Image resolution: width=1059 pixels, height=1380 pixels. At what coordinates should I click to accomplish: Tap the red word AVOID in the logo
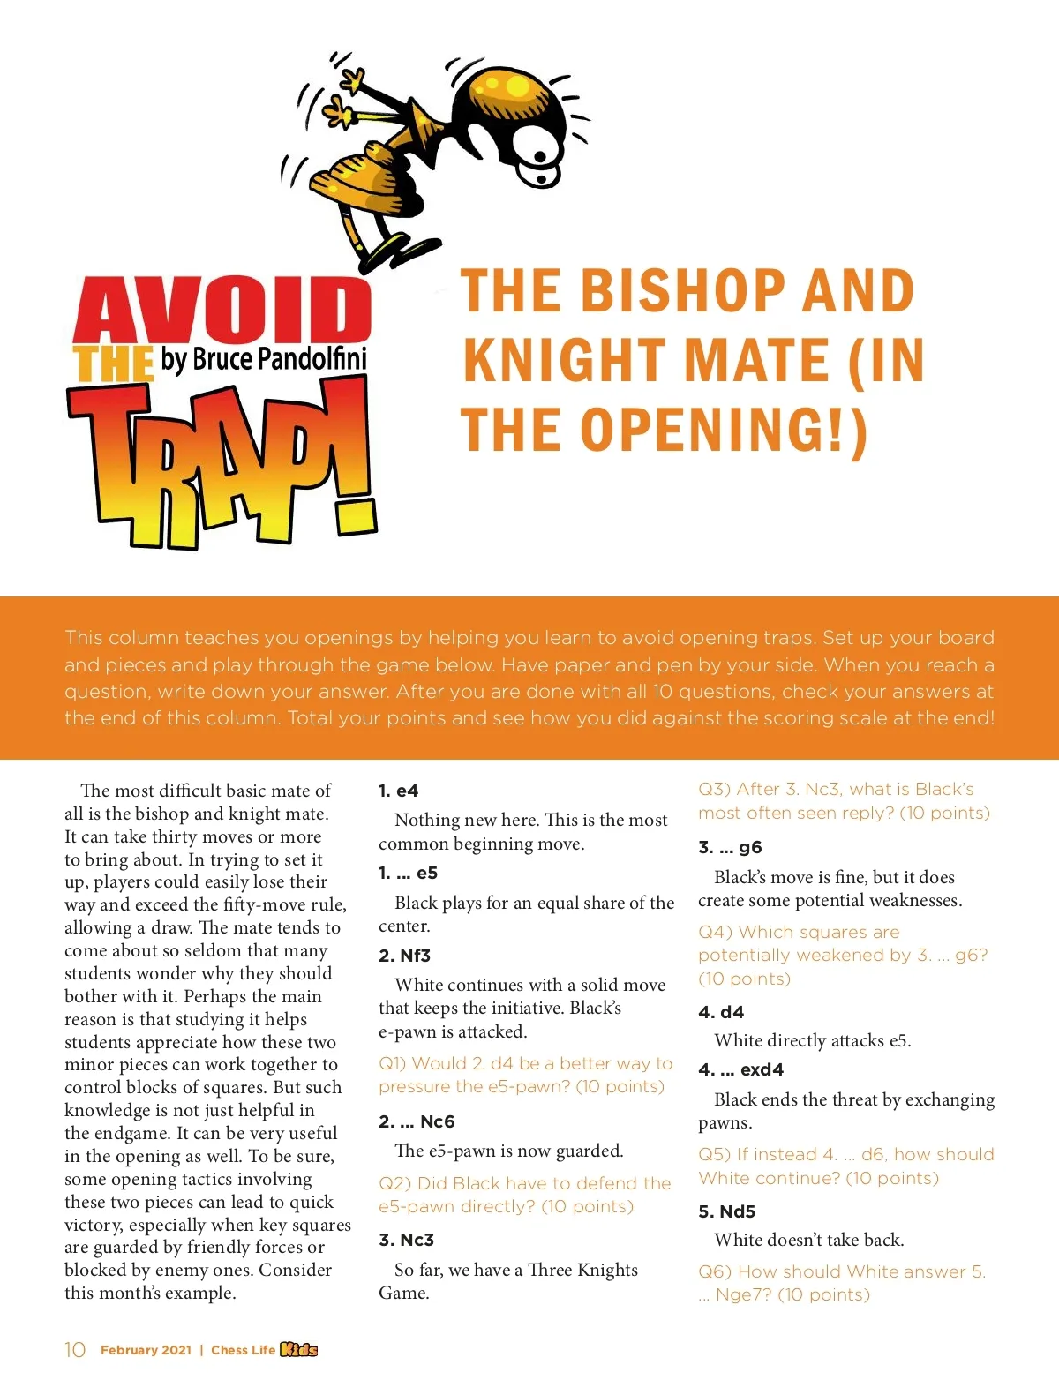222,311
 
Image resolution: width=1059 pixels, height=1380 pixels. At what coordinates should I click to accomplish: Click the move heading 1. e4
398,791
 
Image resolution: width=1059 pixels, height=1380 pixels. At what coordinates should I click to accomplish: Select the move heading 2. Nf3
404,956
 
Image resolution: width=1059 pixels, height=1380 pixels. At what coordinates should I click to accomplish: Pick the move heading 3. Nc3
406,1240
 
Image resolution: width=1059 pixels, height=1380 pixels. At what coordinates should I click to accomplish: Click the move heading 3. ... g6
730,847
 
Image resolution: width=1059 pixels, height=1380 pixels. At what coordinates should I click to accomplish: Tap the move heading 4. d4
721,1012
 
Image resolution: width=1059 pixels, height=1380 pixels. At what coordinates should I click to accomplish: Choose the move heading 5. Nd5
726,1211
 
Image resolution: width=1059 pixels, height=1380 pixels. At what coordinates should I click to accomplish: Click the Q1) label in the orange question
392,1064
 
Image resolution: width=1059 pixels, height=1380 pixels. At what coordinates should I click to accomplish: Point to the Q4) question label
714,933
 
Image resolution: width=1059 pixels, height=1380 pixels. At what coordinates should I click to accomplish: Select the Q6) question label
714,1271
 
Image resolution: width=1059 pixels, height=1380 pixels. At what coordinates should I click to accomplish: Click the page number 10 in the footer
75,1350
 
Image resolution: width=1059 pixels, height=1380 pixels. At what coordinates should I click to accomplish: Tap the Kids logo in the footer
298,1350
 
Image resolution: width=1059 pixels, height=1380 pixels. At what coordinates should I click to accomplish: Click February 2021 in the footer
146,1350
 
